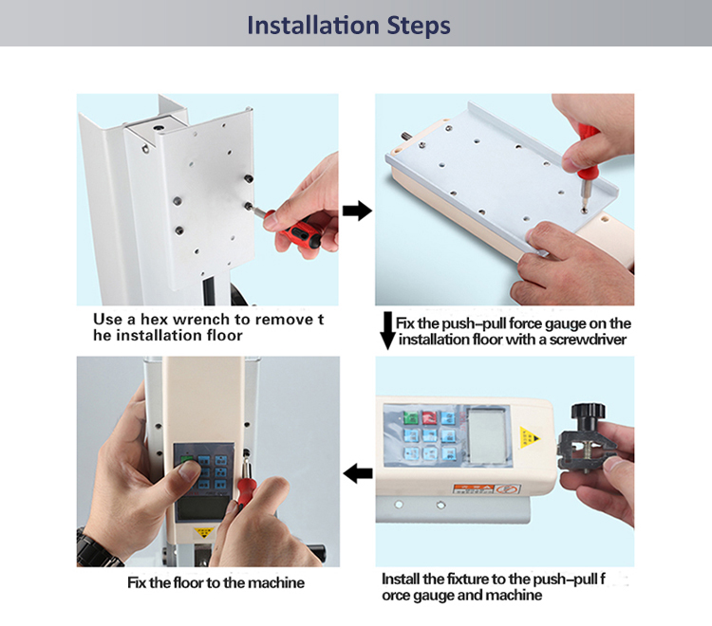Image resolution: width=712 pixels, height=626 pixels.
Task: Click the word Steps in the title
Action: [x=419, y=26]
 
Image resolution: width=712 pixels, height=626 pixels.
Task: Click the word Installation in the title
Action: [x=313, y=25]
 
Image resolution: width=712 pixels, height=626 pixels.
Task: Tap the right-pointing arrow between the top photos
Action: [x=357, y=211]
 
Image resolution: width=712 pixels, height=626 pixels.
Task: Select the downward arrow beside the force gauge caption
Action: [x=387, y=331]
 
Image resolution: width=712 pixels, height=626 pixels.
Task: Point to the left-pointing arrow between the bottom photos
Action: [x=358, y=473]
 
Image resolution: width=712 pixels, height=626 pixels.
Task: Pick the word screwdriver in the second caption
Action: [x=588, y=340]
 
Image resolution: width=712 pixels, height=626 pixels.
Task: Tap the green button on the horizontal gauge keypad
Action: [x=410, y=417]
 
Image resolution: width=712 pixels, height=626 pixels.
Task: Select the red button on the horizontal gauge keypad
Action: [x=429, y=417]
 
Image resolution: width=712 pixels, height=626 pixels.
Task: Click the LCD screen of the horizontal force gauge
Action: [x=487, y=435]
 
